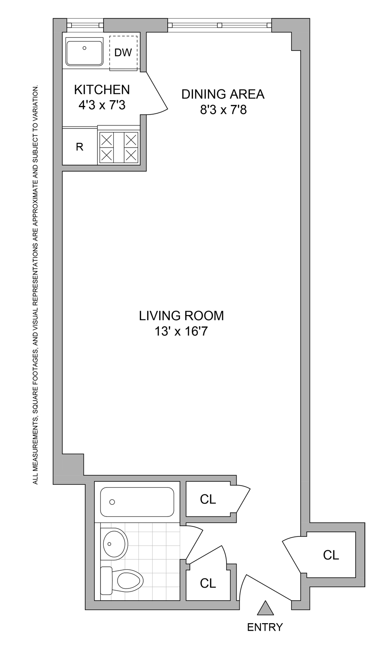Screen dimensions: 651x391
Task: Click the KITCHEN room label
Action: click(102, 89)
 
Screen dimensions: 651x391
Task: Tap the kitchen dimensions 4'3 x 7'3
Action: click(102, 105)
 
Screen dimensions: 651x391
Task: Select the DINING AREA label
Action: click(223, 94)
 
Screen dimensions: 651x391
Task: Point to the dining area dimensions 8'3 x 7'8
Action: click(223, 109)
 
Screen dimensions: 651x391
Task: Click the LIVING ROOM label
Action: click(181, 316)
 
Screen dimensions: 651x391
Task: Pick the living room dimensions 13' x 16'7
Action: click(181, 332)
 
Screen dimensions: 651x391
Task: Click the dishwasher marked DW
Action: click(123, 53)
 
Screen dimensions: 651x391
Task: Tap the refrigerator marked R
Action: click(79, 147)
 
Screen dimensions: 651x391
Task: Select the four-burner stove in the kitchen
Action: click(118, 148)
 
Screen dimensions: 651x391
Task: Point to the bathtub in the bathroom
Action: click(137, 502)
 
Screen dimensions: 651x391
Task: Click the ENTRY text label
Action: click(265, 627)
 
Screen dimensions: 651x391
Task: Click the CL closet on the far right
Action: click(331, 555)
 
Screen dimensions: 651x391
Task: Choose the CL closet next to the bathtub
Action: click(208, 500)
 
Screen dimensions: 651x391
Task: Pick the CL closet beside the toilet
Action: click(208, 583)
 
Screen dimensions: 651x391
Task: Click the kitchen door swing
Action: click(155, 93)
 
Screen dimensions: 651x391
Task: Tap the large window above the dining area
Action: click(220, 25)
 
